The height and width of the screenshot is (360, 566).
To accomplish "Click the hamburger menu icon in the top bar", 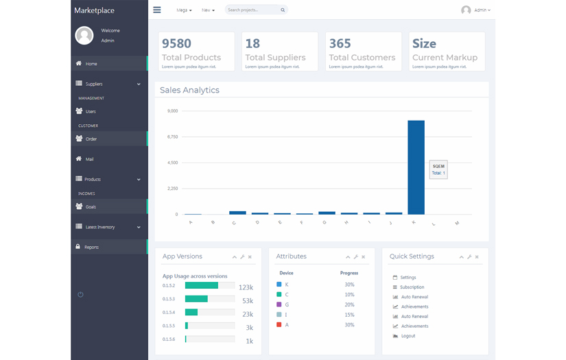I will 157,10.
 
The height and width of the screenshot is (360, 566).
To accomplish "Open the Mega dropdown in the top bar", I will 184,10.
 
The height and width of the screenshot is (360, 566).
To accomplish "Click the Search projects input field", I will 252,10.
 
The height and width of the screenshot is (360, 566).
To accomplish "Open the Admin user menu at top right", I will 476,10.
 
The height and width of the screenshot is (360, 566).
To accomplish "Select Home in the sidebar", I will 91,64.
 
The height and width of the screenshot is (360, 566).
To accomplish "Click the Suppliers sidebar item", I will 94,84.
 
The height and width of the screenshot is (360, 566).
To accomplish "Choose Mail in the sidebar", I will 89,159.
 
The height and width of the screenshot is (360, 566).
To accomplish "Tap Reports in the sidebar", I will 91,247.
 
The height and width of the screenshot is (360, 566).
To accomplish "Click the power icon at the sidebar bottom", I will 80,294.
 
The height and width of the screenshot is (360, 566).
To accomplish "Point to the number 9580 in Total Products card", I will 176,43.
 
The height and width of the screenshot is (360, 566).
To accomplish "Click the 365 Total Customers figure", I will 340,43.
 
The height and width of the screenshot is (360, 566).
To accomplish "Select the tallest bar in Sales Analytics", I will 416,167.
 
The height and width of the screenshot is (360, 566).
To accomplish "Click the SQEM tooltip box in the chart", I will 438,169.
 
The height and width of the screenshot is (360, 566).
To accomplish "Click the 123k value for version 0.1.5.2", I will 246,288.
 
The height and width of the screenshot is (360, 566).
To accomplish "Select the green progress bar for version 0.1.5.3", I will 196,299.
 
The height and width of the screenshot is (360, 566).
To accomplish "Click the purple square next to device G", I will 279,304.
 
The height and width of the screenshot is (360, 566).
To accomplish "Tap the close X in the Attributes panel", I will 364,257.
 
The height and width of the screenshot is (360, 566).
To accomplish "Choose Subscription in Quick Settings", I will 412,287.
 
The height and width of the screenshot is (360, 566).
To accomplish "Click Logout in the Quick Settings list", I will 408,336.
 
